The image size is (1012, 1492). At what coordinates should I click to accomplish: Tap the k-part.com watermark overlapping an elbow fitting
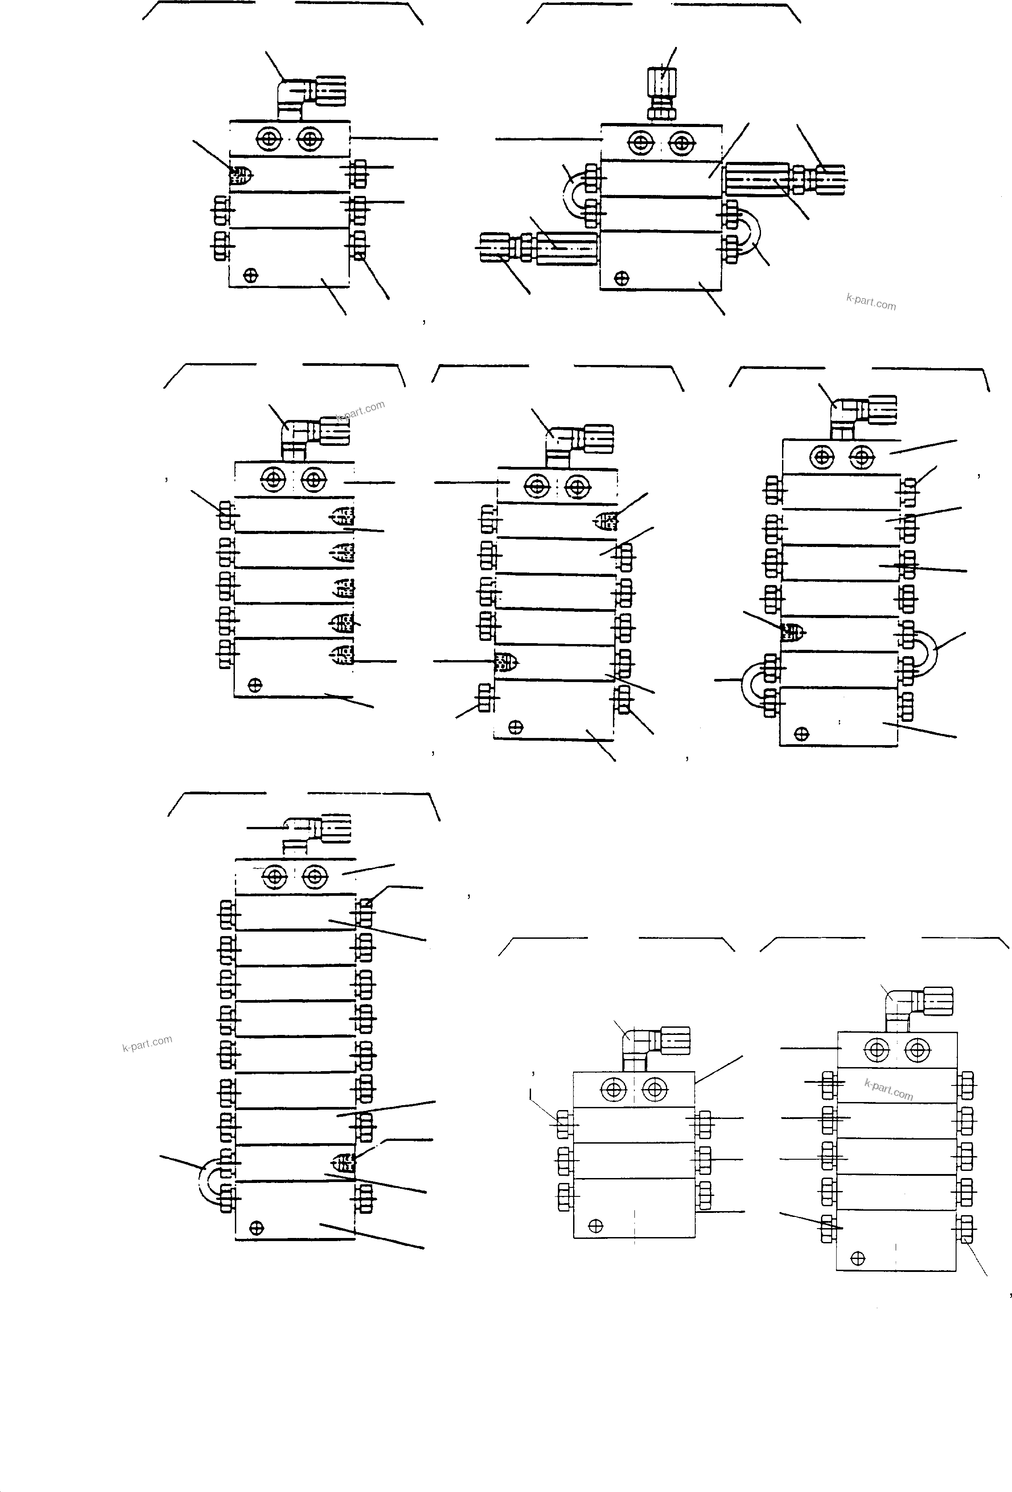(360, 411)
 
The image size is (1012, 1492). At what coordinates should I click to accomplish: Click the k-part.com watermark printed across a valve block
(889, 1089)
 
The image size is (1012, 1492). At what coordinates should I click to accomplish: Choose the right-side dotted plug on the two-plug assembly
(605, 522)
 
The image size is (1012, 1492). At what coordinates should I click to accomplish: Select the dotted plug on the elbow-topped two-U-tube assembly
(792, 632)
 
